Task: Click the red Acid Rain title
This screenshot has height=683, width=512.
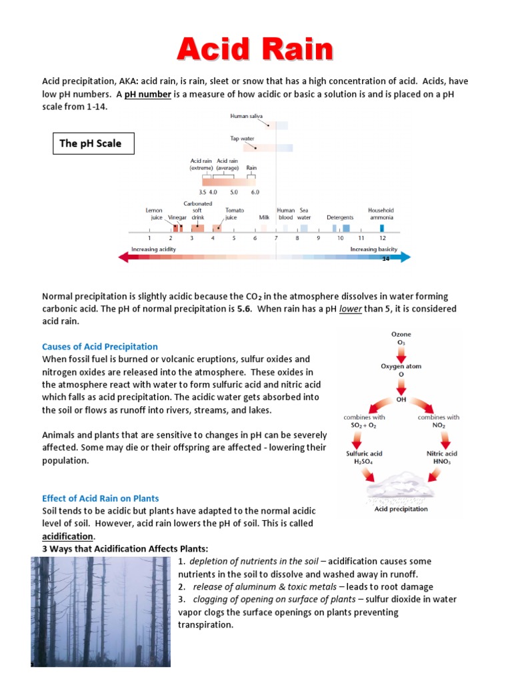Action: [256, 50]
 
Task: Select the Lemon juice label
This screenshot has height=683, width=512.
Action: [154, 213]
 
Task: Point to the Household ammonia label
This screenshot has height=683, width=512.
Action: [381, 213]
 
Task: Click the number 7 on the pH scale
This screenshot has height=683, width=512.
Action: [276, 238]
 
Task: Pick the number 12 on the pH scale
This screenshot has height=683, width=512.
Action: [382, 238]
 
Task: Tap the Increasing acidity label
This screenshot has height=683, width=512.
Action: [154, 249]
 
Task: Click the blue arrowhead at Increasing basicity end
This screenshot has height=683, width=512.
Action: [405, 257]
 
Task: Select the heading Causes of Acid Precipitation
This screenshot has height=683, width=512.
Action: [100, 347]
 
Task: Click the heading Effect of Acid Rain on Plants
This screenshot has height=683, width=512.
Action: [101, 498]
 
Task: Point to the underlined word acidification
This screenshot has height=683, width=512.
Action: [68, 536]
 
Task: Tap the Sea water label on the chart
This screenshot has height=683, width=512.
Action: [304, 213]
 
